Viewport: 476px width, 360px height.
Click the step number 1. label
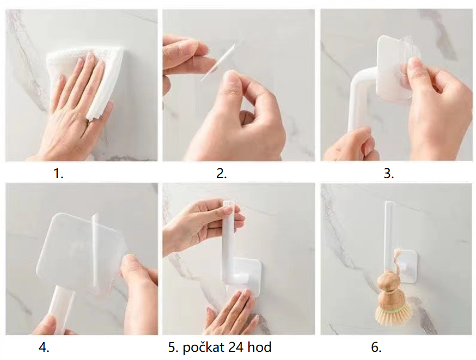coord(58,174)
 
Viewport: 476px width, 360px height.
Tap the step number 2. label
coord(222,174)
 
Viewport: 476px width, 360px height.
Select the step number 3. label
coord(389,174)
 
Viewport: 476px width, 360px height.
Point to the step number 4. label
coord(44,347)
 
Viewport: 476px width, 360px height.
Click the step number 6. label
coord(376,347)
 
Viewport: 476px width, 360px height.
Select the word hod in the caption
coord(259,347)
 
